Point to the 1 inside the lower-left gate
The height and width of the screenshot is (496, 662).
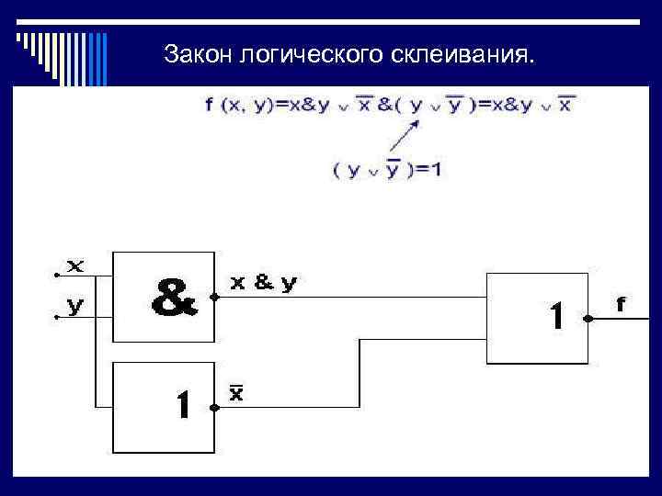183,404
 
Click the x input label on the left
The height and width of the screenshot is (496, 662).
75,267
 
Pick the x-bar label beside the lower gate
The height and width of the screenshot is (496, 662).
236,393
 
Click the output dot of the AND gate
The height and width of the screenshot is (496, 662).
214,298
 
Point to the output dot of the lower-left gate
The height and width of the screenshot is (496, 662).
214,407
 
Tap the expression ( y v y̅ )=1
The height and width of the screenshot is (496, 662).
386,169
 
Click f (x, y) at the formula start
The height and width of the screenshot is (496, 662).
240,105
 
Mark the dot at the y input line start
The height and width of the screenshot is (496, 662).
57,317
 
